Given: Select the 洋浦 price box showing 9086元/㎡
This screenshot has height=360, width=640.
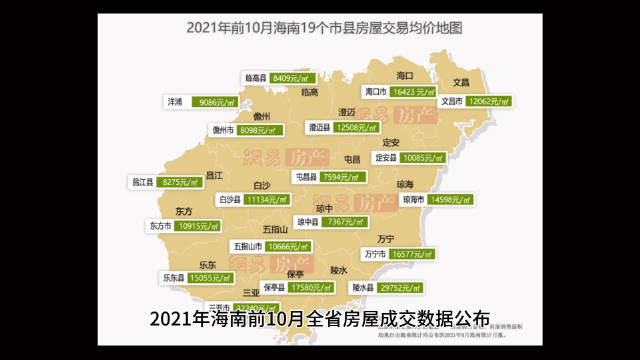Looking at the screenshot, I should (x=216, y=102).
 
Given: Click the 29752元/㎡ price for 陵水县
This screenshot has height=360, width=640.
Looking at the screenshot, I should (x=404, y=288).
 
